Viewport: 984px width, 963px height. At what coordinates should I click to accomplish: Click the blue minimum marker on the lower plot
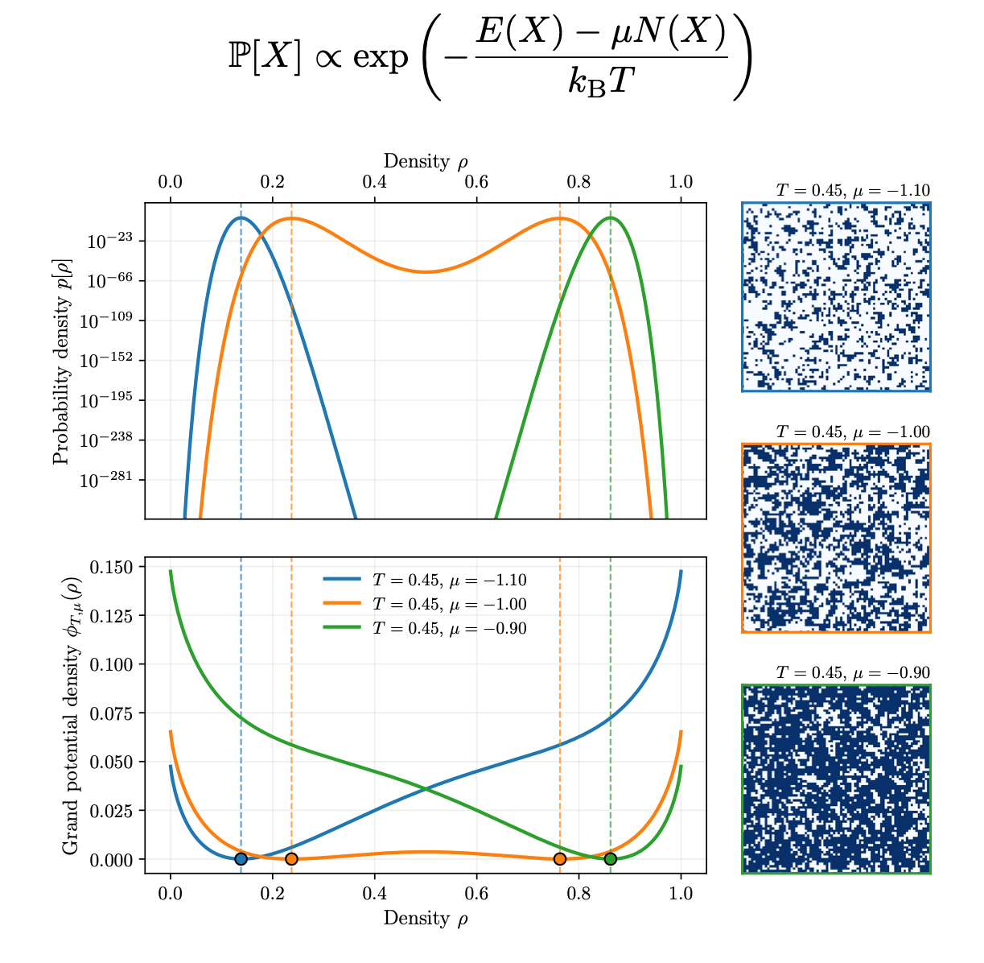click(x=241, y=859)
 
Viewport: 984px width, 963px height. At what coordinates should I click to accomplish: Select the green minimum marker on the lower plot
click(x=611, y=859)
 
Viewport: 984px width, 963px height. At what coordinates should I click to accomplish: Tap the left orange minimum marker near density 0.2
click(x=291, y=859)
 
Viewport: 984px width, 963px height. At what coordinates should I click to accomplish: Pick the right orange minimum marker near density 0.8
click(x=560, y=859)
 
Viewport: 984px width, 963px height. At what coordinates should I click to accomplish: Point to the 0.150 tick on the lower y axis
click(x=112, y=567)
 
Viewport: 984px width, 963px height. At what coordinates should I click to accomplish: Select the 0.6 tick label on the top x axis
click(x=476, y=181)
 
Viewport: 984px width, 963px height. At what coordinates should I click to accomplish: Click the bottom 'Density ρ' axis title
click(x=426, y=918)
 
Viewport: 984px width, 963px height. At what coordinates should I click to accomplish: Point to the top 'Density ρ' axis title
click(x=426, y=162)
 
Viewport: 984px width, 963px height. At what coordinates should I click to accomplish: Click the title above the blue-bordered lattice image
click(x=853, y=191)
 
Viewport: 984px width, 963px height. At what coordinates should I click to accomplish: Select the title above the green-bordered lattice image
click(x=853, y=673)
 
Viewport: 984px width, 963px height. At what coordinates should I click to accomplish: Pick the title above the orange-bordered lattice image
click(x=853, y=432)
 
